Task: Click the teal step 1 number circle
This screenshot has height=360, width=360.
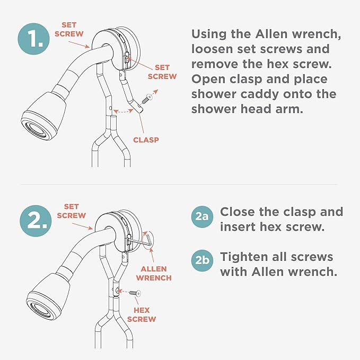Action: pyautogui.click(x=34, y=39)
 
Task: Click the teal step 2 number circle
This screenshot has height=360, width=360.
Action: pyautogui.click(x=36, y=221)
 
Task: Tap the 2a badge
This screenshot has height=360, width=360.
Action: pyautogui.click(x=202, y=216)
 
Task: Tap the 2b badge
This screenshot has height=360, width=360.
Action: pyautogui.click(x=202, y=260)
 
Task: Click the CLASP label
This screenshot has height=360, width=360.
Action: pyautogui.click(x=146, y=140)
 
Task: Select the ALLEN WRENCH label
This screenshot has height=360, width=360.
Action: pyautogui.click(x=154, y=273)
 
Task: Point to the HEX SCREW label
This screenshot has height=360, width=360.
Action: pyautogui.click(x=142, y=314)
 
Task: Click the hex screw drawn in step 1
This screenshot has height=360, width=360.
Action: pyautogui.click(x=147, y=99)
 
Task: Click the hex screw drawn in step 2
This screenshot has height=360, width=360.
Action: pyautogui.click(x=135, y=293)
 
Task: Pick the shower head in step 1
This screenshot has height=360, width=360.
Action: pyautogui.click(x=43, y=115)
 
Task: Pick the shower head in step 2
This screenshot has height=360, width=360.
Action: pyautogui.click(x=48, y=296)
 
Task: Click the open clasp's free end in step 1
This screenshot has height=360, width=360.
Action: pyautogui.click(x=140, y=110)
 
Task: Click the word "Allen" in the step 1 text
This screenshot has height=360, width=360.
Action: pyautogui.click(x=271, y=34)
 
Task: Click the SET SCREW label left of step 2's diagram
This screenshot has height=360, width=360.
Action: pyautogui.click(x=72, y=211)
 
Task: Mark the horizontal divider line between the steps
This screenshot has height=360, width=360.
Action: pyautogui.click(x=179, y=185)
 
